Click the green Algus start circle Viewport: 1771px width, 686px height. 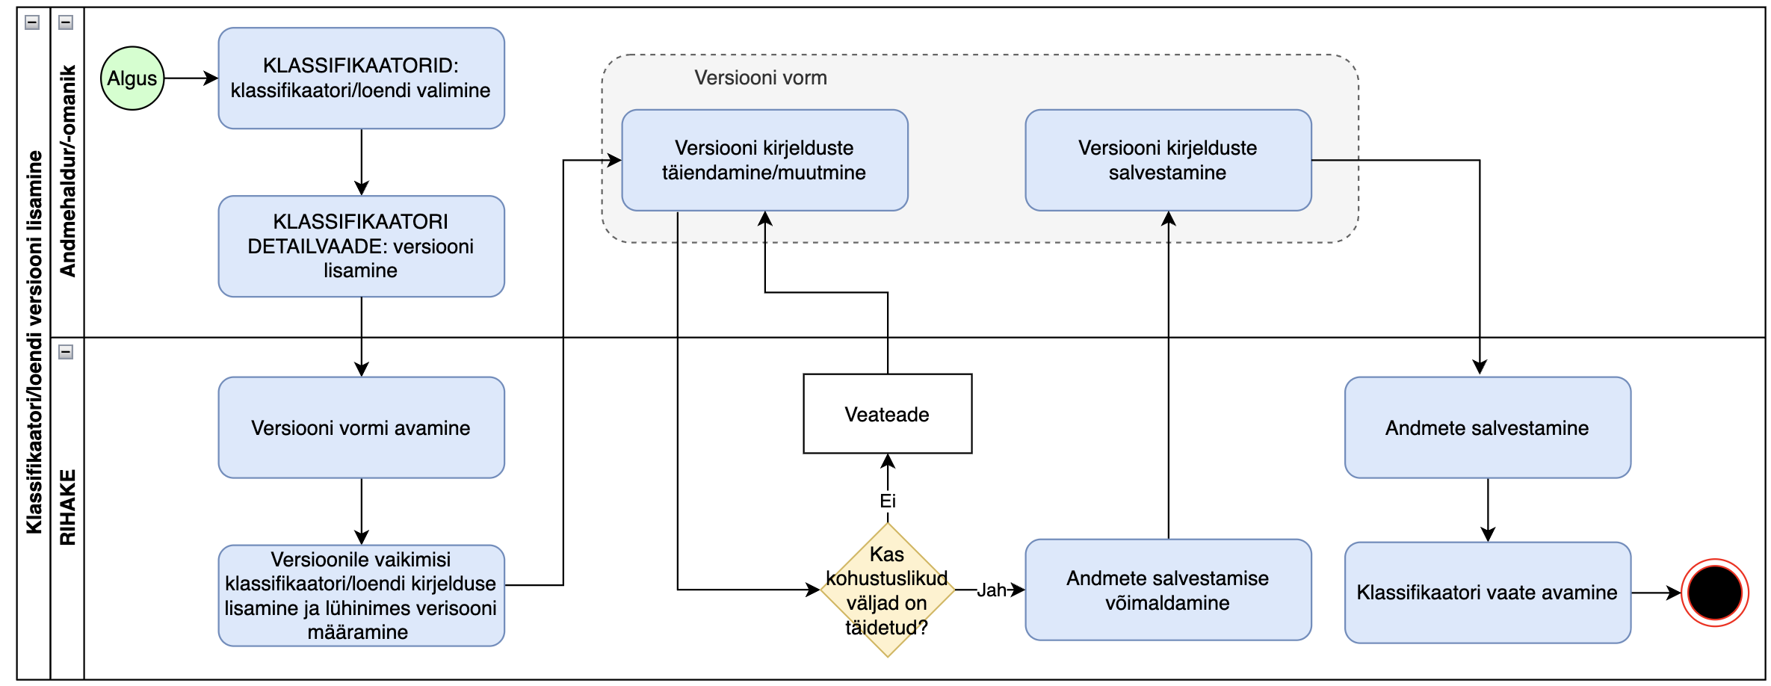coord(132,78)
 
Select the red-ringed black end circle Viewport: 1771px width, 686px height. coord(1714,593)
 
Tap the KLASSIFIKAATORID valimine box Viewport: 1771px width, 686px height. coord(361,78)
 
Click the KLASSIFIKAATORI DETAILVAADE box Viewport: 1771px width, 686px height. coord(361,246)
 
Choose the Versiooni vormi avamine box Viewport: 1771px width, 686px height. coord(361,427)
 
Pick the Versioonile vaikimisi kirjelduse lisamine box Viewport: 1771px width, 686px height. coord(361,596)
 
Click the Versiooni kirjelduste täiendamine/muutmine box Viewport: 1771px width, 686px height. coord(764,160)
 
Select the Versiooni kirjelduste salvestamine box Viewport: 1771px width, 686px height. coord(1168,160)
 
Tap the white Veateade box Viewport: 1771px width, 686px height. coord(887,414)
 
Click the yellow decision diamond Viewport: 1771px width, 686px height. coord(887,590)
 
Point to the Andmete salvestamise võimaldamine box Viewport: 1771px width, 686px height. coord(1168,590)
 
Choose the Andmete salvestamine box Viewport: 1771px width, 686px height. coord(1487,427)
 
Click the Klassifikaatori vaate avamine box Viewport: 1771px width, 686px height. coord(1487,593)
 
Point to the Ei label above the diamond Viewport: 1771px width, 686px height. coord(887,501)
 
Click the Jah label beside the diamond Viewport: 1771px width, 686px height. coord(992,590)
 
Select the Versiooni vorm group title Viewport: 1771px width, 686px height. coord(761,78)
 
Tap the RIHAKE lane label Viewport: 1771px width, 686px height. coord(68,507)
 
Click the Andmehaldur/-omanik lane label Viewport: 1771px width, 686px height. coord(68,171)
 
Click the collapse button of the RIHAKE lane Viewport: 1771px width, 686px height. coord(66,352)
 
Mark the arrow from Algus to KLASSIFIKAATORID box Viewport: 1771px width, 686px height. coord(191,78)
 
